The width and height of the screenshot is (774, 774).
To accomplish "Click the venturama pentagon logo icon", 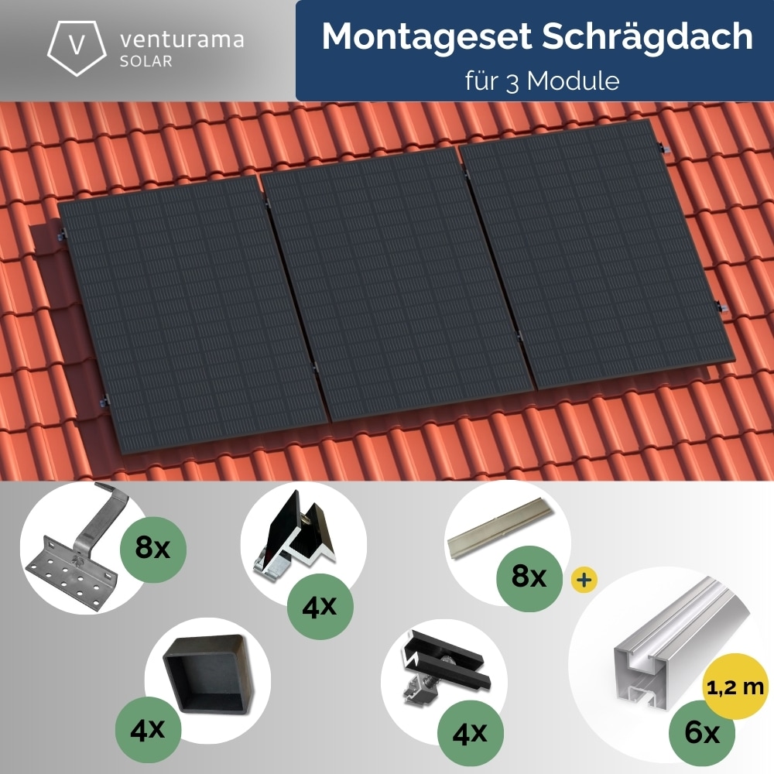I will [76, 46].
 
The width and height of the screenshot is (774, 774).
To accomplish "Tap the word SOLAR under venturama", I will [146, 61].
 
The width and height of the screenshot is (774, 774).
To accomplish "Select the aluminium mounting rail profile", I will [658, 650].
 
